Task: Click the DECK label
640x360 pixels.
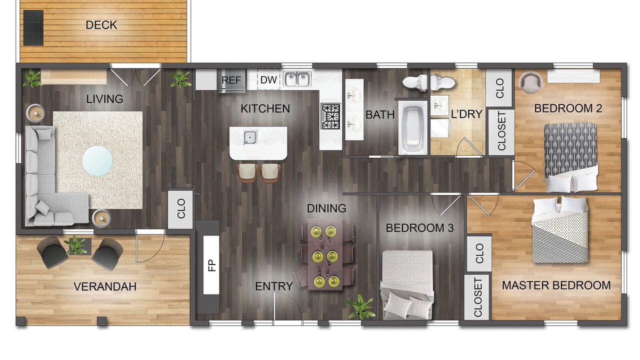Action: pos(101,25)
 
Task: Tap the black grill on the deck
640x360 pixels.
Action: pos(33,27)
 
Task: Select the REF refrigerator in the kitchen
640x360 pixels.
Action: pos(231,80)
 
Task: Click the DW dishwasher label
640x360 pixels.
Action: pos(268,80)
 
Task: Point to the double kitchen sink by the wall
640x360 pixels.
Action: pos(297,79)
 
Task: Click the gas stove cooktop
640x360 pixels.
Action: pos(331,116)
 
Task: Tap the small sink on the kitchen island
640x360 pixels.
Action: pos(250,137)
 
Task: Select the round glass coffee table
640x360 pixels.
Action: pos(97,161)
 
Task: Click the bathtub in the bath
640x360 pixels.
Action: pos(413,127)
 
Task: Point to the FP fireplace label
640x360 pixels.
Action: pos(211,265)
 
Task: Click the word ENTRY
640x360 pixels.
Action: pos(274,286)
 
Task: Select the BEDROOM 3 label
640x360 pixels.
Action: pos(419,228)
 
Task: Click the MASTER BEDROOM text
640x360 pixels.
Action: pos(556,285)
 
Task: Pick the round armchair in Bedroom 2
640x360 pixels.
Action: pos(530,81)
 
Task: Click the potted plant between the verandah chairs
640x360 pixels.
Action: pos(75,245)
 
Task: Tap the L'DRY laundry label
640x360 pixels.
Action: pos(466,114)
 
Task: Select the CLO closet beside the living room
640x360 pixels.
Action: pos(180,208)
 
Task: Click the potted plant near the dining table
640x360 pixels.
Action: pos(361,307)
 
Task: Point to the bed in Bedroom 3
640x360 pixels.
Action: pos(407,284)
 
